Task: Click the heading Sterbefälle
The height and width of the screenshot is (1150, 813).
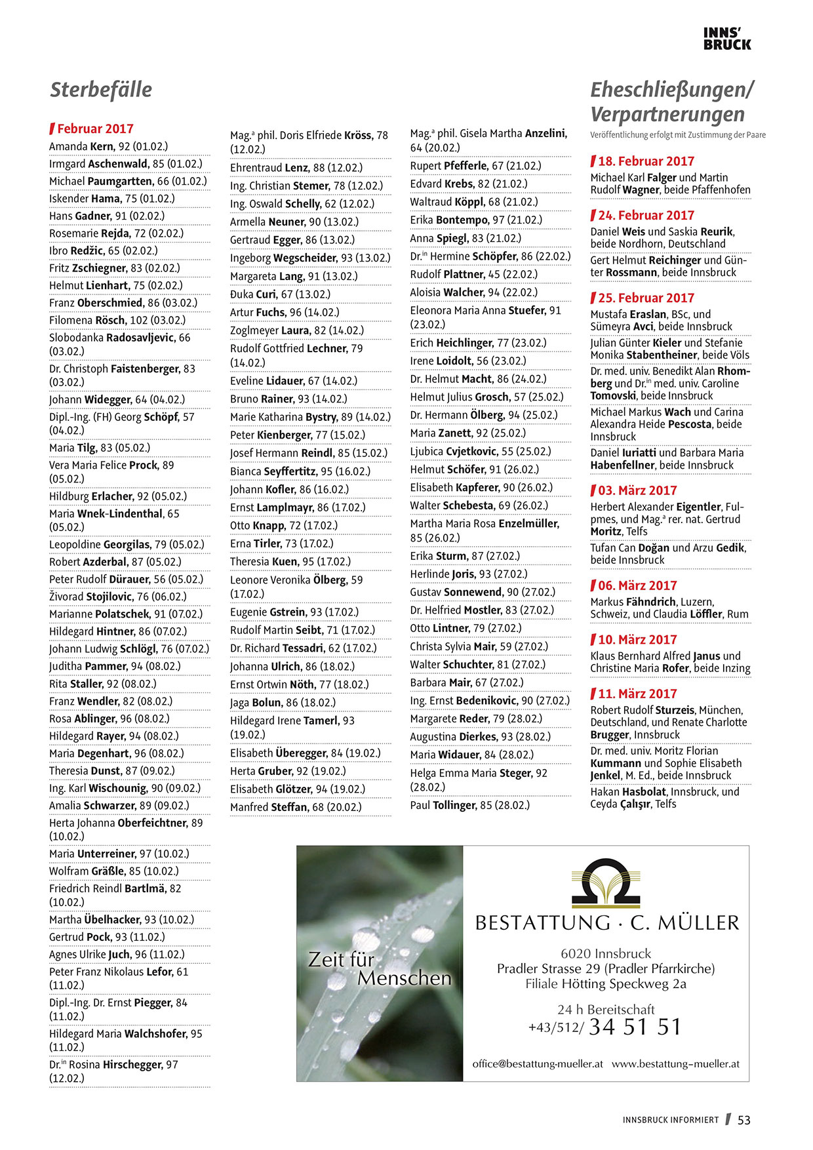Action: (101, 90)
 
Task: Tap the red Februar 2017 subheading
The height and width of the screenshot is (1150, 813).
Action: (95, 129)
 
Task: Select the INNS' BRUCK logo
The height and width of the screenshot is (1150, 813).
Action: (727, 39)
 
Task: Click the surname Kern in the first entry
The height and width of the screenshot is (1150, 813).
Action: (102, 146)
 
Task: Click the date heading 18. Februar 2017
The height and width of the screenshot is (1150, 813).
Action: (646, 161)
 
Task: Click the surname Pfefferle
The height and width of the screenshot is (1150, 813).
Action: (466, 166)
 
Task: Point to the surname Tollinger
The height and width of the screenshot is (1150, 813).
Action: (455, 805)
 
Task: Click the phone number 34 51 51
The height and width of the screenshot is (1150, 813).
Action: (635, 1027)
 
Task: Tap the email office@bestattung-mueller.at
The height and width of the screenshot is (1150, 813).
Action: (538, 1064)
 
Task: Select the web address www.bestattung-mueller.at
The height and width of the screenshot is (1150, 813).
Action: (675, 1064)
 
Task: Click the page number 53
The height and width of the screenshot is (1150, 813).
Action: (744, 1120)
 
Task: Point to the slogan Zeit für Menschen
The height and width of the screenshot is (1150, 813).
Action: (379, 968)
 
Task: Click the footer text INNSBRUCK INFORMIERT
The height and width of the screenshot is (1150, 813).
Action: (670, 1120)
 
